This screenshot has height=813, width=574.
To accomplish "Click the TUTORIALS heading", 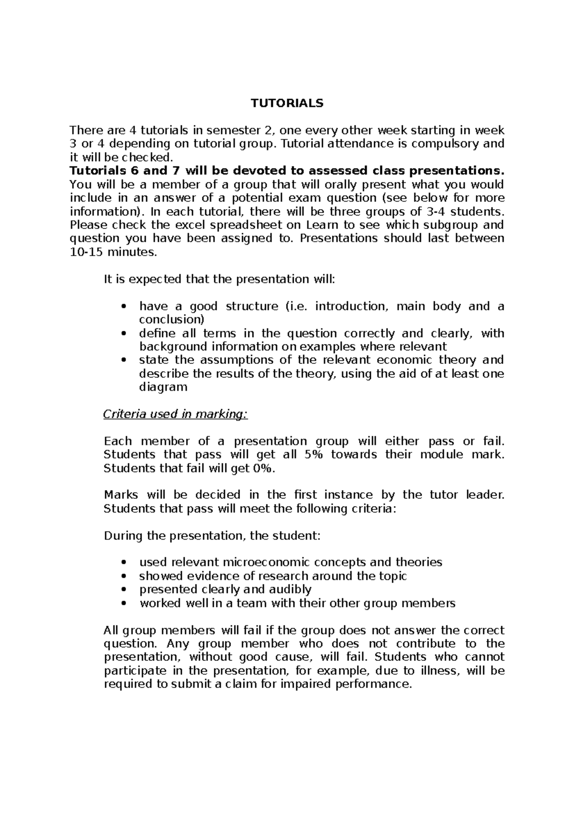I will click(287, 103).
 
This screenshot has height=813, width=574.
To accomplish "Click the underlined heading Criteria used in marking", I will click(176, 414).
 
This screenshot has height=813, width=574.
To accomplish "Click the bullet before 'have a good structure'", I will click(124, 306).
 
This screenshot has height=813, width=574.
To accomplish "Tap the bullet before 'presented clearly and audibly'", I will click(124, 590).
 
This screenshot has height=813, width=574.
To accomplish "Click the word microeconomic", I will click(265, 562).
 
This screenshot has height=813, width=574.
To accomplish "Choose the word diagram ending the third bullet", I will click(163, 387).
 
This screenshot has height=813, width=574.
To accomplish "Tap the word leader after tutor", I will click(485, 495).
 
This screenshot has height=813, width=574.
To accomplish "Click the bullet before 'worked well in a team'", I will click(124, 603).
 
